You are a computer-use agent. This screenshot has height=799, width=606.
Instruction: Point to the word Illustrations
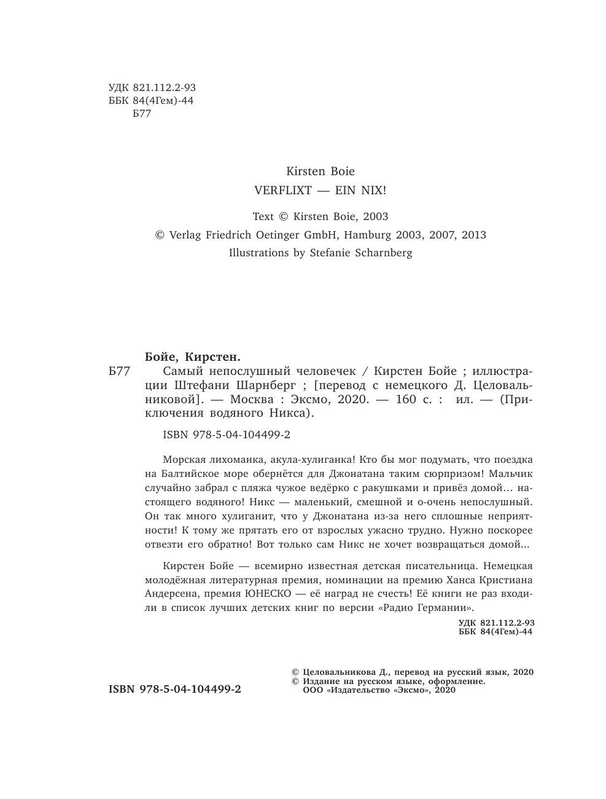(x=258, y=253)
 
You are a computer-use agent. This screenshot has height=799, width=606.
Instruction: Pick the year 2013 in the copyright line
(x=473, y=234)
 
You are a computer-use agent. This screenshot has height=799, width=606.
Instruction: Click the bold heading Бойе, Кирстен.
(x=192, y=356)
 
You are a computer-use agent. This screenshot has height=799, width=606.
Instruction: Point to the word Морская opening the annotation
(x=187, y=459)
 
